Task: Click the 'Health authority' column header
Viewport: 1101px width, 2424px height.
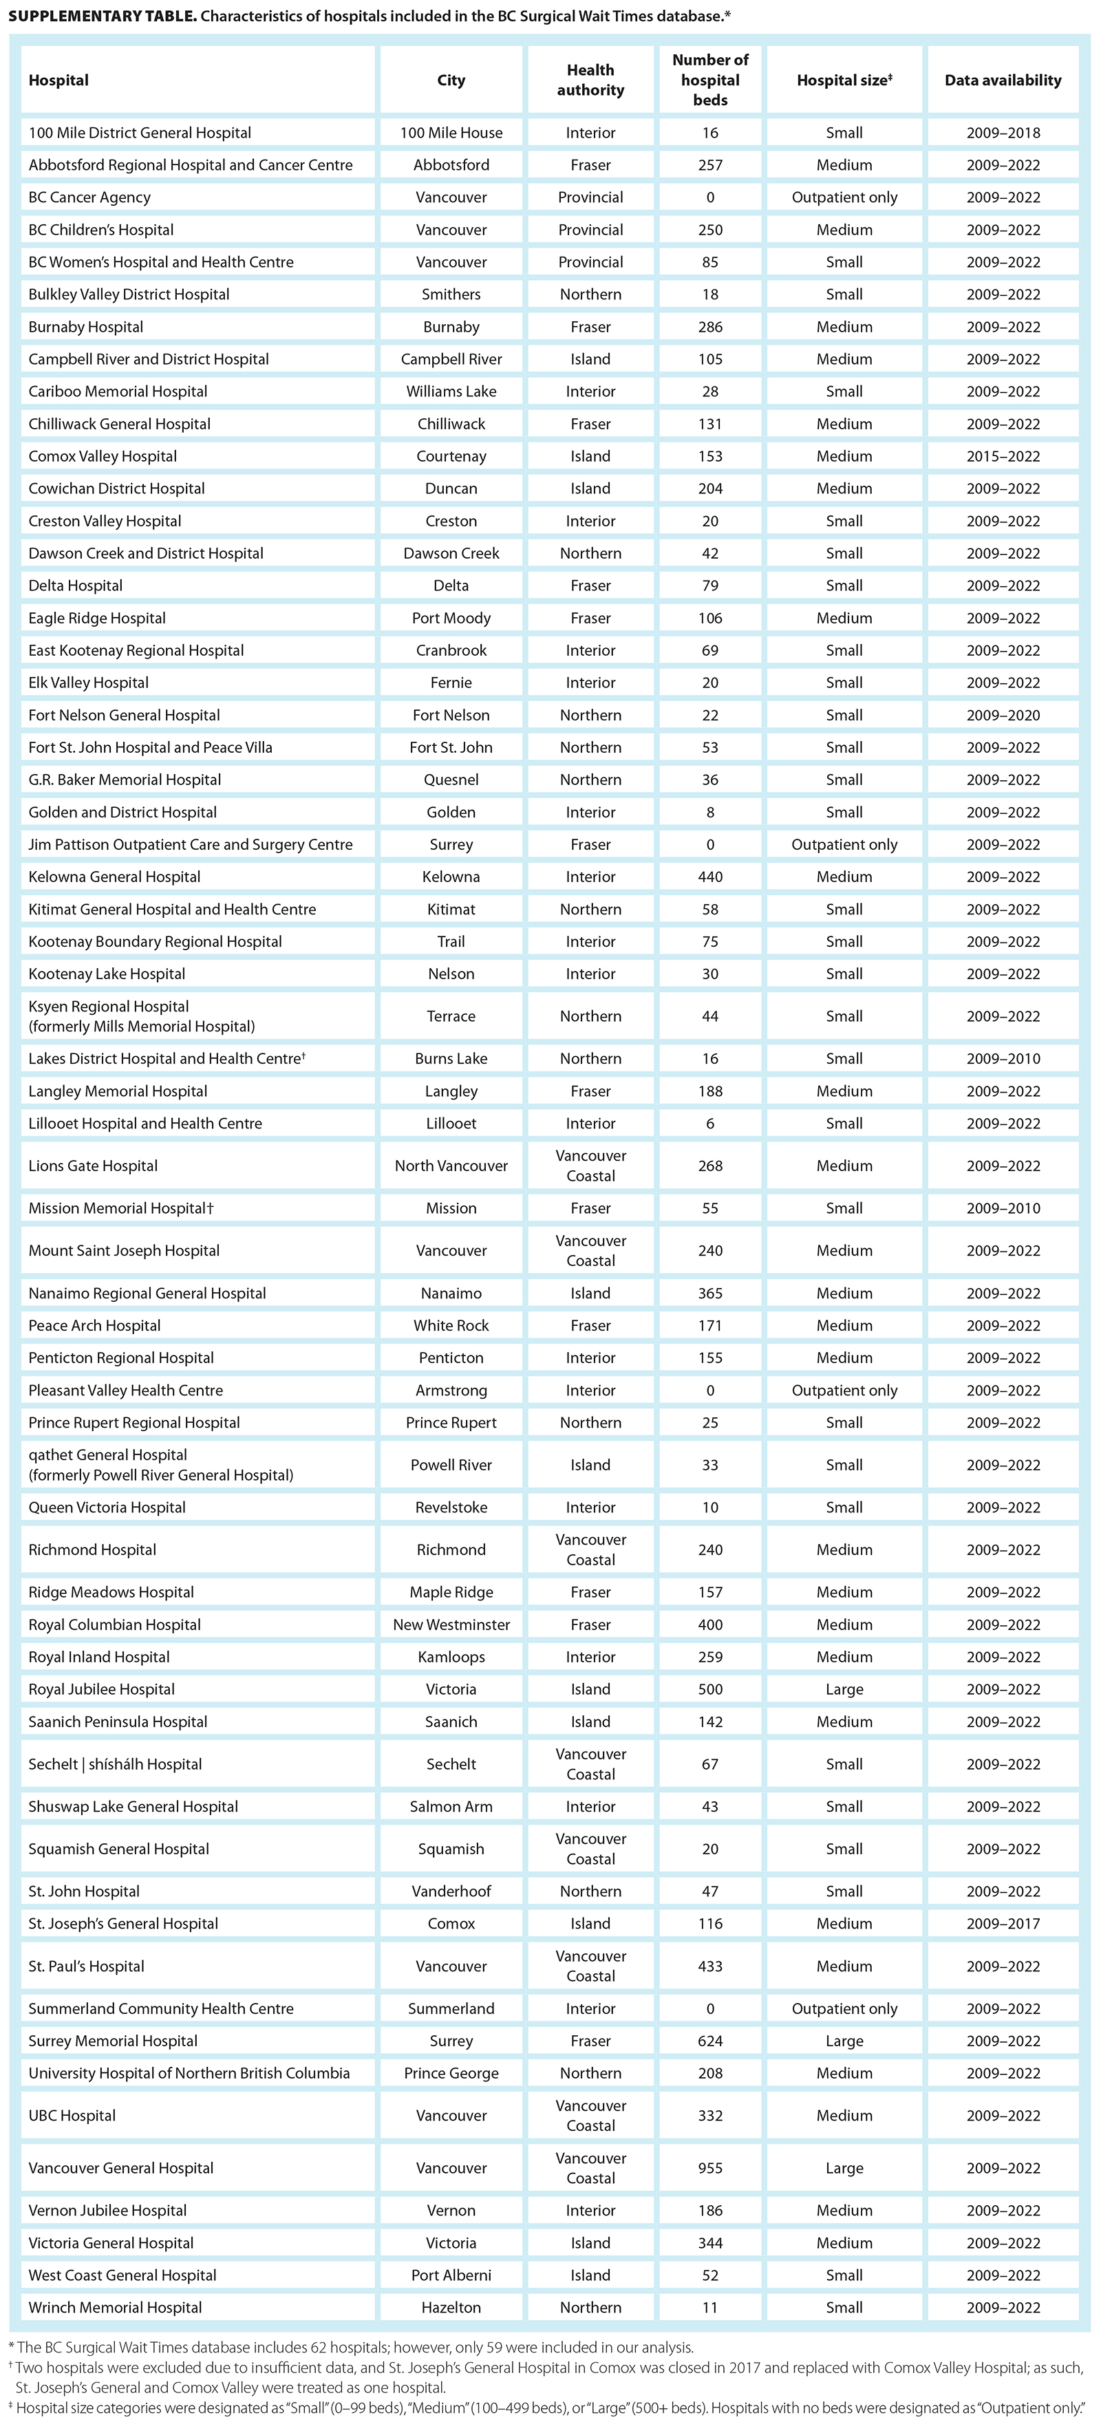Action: coord(590,80)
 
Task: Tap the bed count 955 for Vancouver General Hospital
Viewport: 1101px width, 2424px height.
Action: coord(709,2167)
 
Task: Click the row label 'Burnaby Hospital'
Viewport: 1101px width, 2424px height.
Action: coord(85,327)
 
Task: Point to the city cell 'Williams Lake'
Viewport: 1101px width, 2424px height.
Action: coord(451,392)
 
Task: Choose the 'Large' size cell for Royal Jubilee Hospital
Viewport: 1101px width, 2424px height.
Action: coord(844,1689)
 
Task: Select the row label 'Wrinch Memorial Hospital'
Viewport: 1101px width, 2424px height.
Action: coord(115,2307)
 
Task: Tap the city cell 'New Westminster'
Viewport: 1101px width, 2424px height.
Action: coord(451,1624)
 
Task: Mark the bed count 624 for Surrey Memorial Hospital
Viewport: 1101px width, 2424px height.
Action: coord(709,2041)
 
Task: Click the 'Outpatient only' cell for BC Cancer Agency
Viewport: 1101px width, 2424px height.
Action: coord(844,197)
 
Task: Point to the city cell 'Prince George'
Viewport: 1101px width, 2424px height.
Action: coord(451,2073)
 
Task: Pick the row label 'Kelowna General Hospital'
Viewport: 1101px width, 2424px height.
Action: coord(114,877)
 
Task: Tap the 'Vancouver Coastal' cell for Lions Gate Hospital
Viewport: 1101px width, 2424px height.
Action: coord(590,1166)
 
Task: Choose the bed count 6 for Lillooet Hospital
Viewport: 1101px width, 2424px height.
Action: coord(709,1124)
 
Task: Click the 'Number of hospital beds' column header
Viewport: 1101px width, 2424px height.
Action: coord(709,80)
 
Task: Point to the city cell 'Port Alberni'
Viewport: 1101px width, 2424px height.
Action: coord(451,2275)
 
